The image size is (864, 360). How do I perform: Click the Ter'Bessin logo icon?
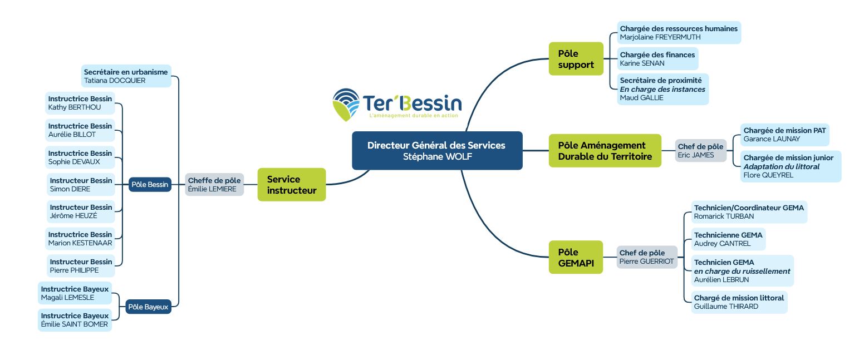click(346, 104)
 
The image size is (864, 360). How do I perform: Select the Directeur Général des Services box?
click(436, 150)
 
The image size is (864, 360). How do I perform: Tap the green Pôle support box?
click(576, 59)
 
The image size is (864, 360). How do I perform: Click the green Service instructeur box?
click(291, 185)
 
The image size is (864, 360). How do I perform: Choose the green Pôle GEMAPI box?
click(576, 257)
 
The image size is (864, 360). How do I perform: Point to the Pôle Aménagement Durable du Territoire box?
click(605, 150)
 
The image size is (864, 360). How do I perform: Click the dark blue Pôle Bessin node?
click(150, 185)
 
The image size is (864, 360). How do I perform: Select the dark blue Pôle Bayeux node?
click(148, 307)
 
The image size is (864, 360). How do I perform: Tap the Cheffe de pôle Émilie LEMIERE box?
click(214, 185)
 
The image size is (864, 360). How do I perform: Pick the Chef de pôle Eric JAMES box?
click(700, 151)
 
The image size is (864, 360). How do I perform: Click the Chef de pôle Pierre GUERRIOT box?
click(646, 257)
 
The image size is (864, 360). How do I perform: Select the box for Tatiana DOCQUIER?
click(125, 76)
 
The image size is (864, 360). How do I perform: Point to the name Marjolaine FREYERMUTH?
click(660, 37)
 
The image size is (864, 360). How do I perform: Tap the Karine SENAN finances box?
click(657, 59)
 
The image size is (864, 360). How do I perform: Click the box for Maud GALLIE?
click(662, 89)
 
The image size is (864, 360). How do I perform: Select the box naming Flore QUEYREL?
click(790, 166)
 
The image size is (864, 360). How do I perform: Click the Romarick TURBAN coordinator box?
click(749, 212)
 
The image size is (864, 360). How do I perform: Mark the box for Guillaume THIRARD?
click(739, 302)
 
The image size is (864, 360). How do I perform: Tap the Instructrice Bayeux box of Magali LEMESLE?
click(75, 293)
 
